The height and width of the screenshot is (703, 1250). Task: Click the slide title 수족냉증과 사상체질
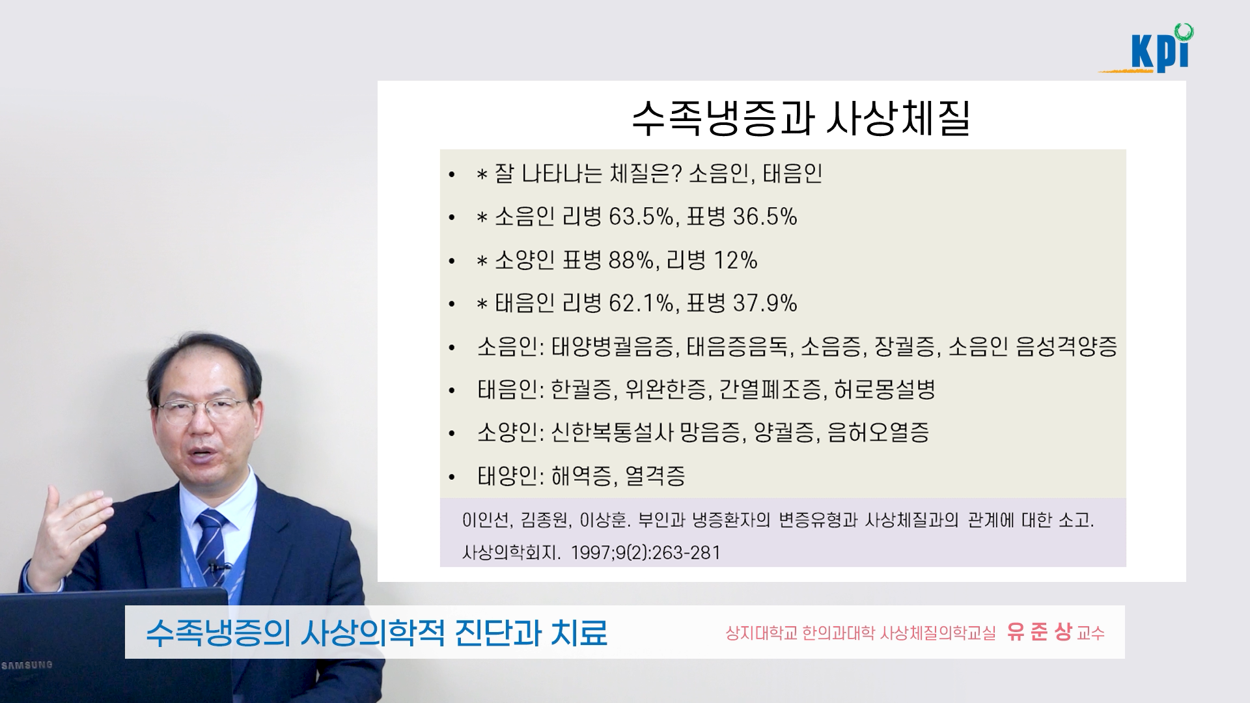(x=801, y=118)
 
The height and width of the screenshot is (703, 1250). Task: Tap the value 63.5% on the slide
(x=641, y=217)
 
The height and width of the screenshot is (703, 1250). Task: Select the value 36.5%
(x=765, y=217)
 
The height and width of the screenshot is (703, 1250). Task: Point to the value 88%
(x=631, y=260)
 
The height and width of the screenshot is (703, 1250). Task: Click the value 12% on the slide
(x=736, y=260)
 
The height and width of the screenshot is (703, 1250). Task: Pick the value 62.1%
(x=641, y=303)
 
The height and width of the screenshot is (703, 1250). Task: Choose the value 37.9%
(x=765, y=303)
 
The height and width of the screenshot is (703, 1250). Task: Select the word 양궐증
(x=787, y=433)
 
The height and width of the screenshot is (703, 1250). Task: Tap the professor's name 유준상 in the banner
(x=1038, y=632)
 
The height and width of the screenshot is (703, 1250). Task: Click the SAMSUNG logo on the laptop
(x=27, y=665)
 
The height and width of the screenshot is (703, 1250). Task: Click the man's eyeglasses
(x=202, y=409)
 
